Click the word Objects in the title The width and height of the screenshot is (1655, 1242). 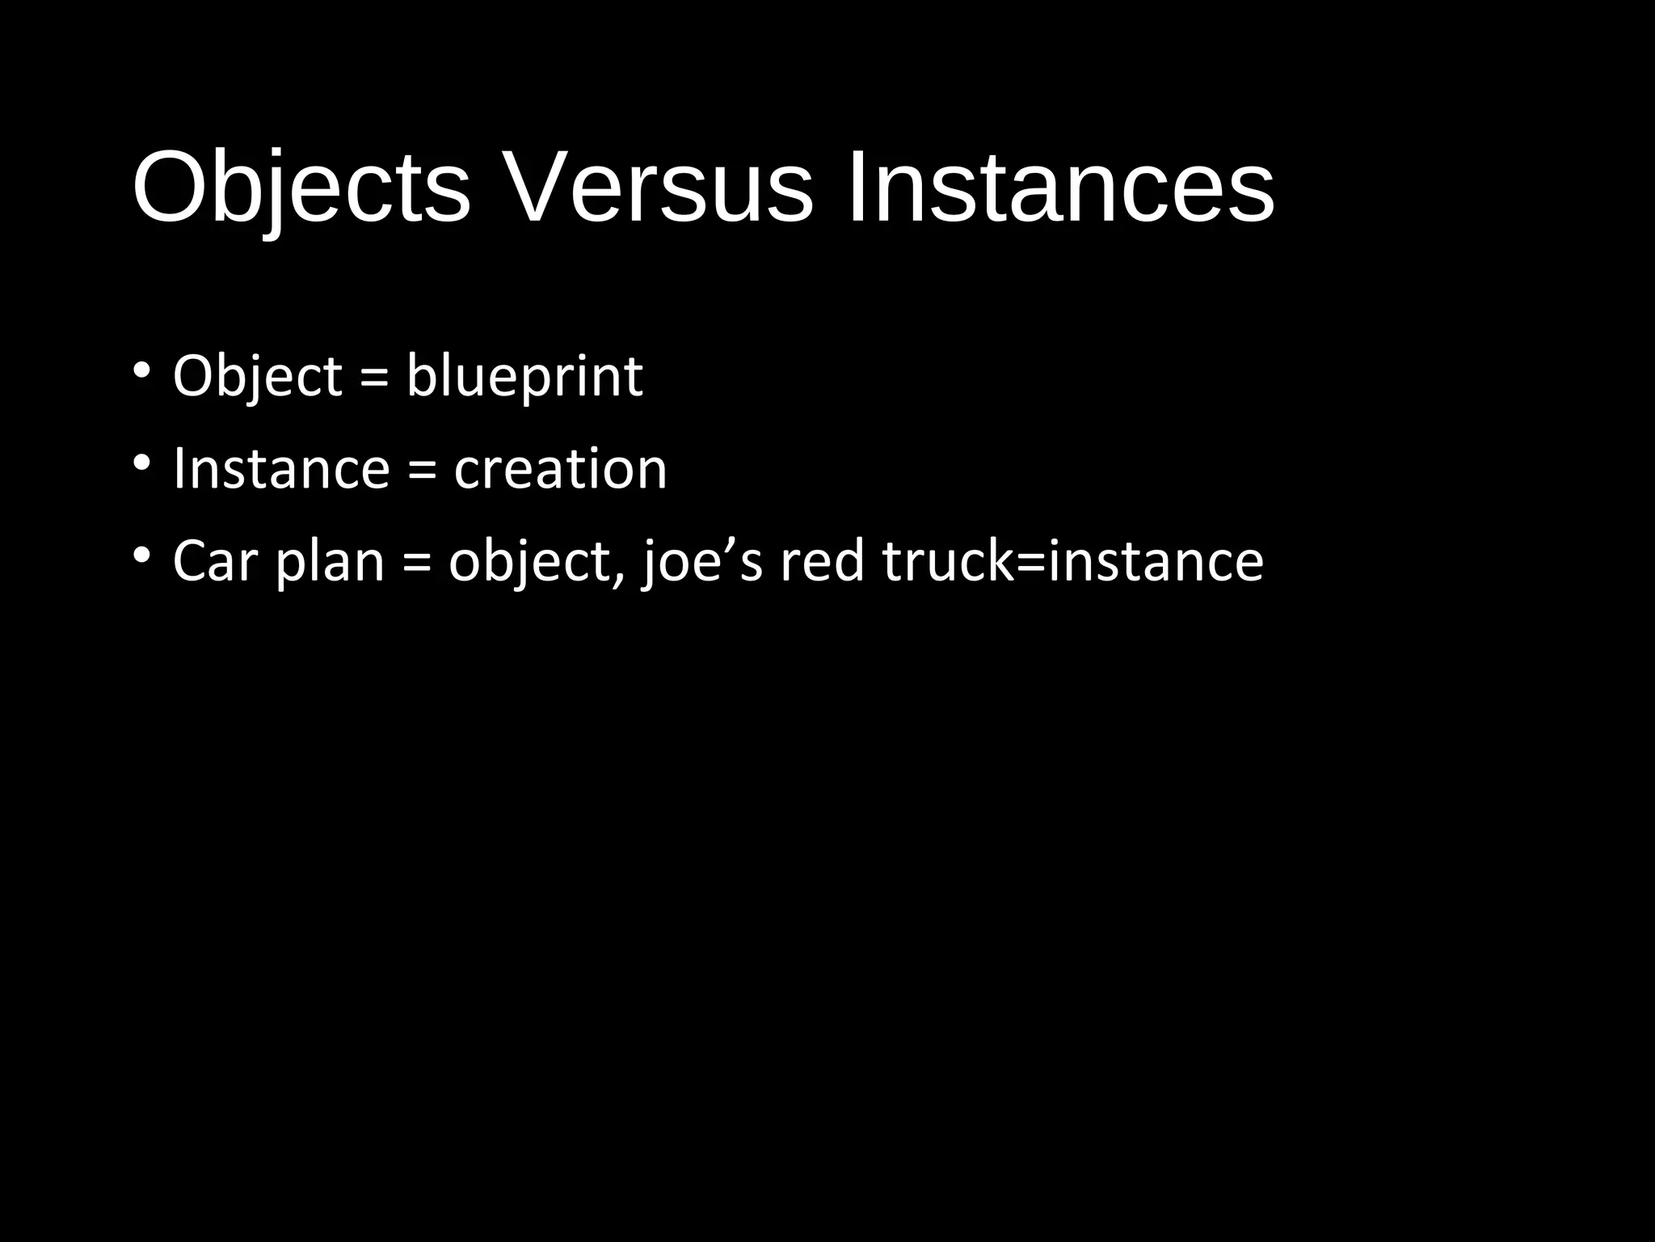coord(301,188)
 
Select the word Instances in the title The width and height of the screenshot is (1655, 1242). coord(1059,188)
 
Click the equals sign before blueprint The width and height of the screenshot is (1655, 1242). coord(374,378)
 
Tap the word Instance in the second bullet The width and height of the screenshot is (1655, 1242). coord(281,469)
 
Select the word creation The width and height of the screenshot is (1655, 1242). coord(560,469)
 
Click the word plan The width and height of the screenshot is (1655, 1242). coord(330,561)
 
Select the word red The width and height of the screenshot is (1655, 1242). coord(822,561)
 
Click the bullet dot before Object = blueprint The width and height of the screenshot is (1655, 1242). coord(141,371)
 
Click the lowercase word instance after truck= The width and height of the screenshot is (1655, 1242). coord(1156,561)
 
